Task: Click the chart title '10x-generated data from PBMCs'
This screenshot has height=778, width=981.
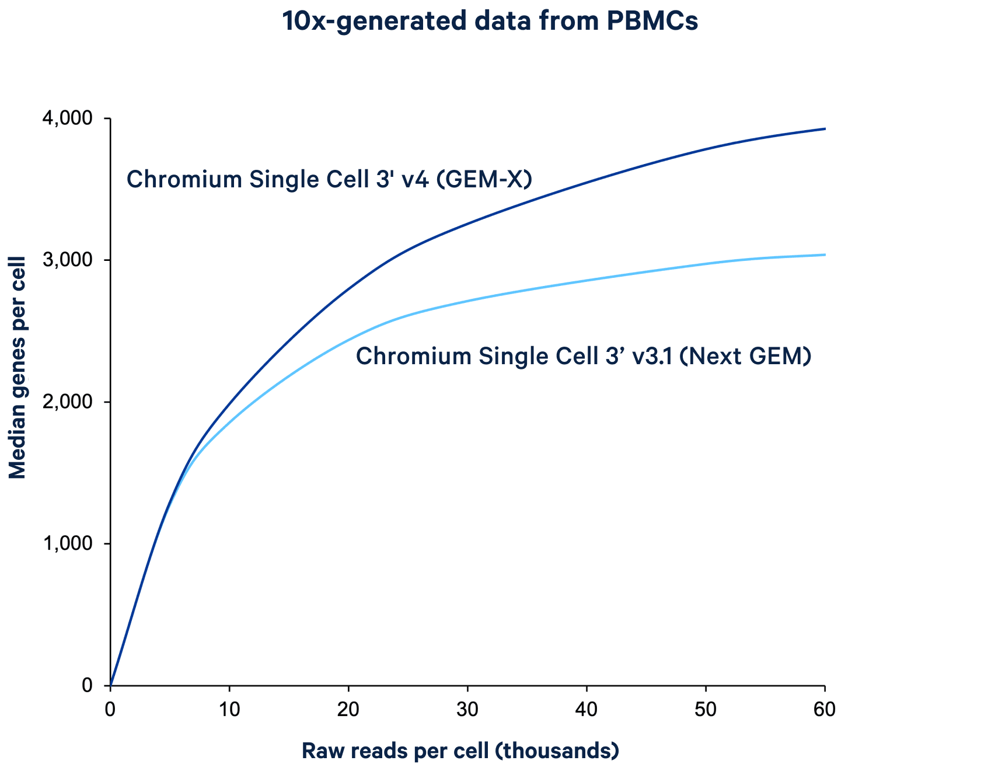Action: [x=490, y=22]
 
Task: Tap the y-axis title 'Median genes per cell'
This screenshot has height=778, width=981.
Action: [x=18, y=368]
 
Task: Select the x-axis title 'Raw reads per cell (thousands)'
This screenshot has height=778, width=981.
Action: [x=460, y=751]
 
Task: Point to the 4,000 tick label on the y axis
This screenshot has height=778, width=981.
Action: [x=67, y=118]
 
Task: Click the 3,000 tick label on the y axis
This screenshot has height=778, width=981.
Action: [x=67, y=260]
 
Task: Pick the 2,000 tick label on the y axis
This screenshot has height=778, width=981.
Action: [x=67, y=402]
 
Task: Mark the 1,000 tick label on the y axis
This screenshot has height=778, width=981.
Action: [x=67, y=544]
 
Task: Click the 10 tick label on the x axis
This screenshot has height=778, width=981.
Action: [x=229, y=709]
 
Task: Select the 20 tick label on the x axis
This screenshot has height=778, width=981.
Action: [x=348, y=709]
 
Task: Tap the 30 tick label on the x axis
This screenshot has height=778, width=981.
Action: [x=467, y=709]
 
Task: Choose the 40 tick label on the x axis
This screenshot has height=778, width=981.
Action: [x=586, y=709]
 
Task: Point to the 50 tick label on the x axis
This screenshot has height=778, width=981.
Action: [x=706, y=709]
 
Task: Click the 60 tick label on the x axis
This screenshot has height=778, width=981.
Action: [x=825, y=709]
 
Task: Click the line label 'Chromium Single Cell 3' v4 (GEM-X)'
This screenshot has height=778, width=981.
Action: [x=329, y=179]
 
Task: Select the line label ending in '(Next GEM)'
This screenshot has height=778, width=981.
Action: [x=584, y=356]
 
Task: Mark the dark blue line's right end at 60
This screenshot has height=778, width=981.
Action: [x=825, y=128]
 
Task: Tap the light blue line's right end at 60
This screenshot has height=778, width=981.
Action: [x=825, y=254]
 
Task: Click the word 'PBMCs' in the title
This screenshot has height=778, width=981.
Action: [x=652, y=22]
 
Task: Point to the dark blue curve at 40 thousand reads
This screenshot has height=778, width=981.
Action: [x=586, y=183]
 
